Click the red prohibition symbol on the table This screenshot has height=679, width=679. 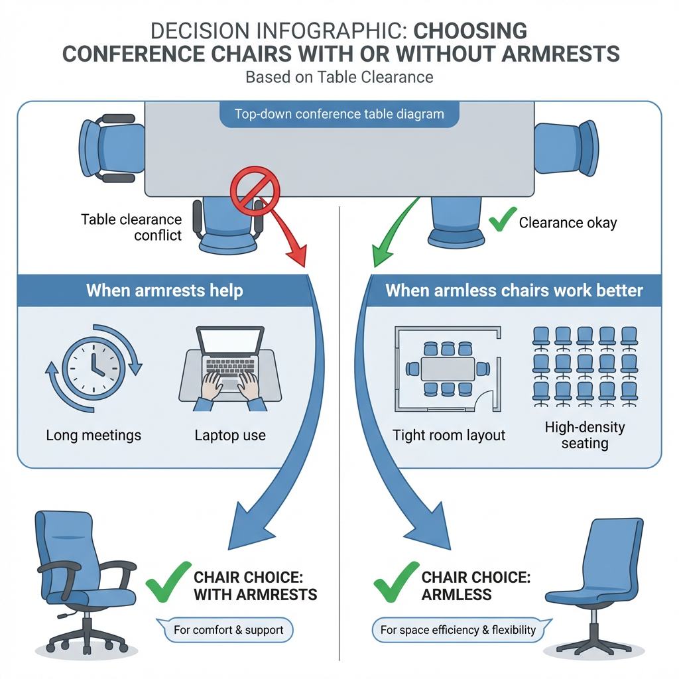pos(255,191)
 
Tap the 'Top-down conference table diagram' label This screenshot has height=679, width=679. pos(339,114)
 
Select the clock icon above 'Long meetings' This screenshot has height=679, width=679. pos(93,369)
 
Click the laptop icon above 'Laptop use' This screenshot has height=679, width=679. pos(230,369)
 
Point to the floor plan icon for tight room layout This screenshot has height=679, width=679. pos(448,369)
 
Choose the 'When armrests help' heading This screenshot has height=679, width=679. pos(164,290)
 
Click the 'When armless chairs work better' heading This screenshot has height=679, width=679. pos(514,290)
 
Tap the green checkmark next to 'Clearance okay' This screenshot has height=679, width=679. pos(503,219)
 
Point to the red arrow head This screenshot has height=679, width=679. pos(298,255)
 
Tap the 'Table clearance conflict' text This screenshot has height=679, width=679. pos(131,227)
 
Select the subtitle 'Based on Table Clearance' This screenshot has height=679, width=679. pos(339,77)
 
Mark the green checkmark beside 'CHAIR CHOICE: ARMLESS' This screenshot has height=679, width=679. pos(396,582)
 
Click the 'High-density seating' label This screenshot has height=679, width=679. pos(585,435)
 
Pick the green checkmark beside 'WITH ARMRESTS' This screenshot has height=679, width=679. pos(168,582)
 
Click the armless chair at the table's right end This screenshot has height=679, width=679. pos(566,148)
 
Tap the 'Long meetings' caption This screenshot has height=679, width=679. pos(93,435)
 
